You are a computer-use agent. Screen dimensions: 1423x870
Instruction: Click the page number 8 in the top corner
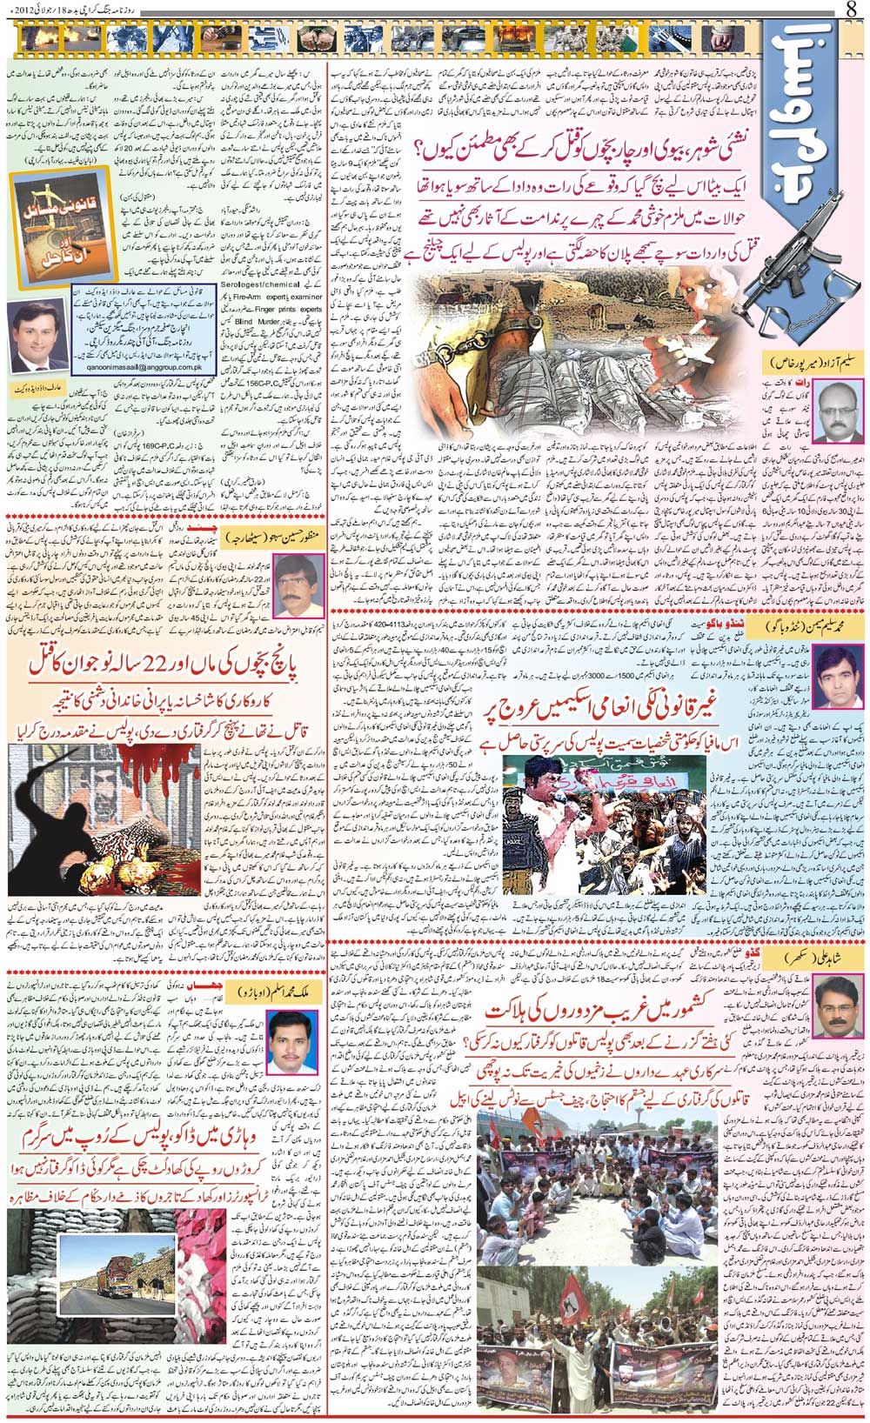(851, 10)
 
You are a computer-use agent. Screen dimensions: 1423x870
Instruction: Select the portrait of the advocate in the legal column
(37, 335)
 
